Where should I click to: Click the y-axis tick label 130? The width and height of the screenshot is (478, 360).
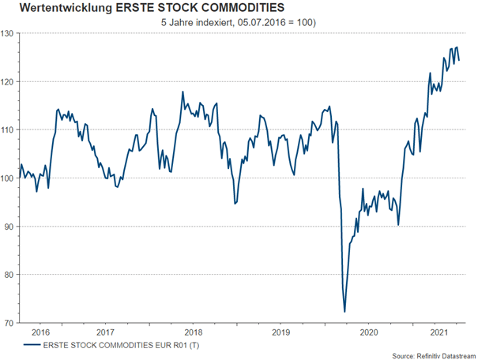pos(9,33)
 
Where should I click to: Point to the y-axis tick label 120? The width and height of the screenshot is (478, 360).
pos(9,81)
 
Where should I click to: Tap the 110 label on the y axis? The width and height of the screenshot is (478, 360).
pos(9,129)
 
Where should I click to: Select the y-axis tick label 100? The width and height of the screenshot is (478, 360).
pos(9,178)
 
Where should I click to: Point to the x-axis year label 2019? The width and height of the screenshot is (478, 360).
pos(280,333)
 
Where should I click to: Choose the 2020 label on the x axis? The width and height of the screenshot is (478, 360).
pos(368,333)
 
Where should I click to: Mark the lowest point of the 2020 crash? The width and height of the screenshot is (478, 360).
pos(345,311)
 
